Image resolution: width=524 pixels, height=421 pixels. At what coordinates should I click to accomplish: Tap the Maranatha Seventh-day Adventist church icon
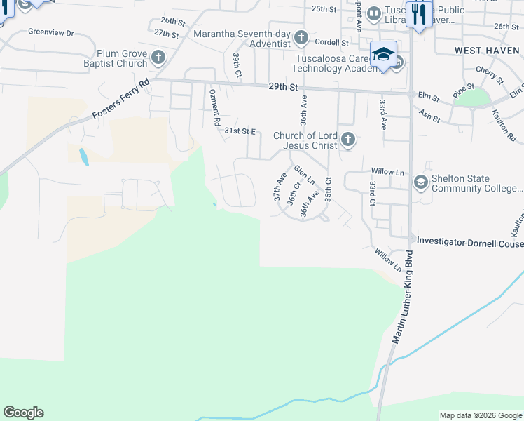(301, 37)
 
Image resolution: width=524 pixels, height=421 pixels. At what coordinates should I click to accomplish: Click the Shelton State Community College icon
(421, 183)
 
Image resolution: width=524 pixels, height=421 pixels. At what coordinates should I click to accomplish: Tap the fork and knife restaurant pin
(419, 15)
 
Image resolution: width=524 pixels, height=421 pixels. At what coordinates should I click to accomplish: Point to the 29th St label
(283, 88)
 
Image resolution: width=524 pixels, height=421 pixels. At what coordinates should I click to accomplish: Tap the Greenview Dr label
(50, 32)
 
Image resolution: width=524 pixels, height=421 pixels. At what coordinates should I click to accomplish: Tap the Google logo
(24, 412)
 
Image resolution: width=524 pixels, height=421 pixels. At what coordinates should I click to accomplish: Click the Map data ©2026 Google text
(481, 415)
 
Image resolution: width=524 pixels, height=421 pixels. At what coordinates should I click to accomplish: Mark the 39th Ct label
(237, 65)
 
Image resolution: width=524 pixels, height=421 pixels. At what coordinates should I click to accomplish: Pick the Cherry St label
(485, 72)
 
